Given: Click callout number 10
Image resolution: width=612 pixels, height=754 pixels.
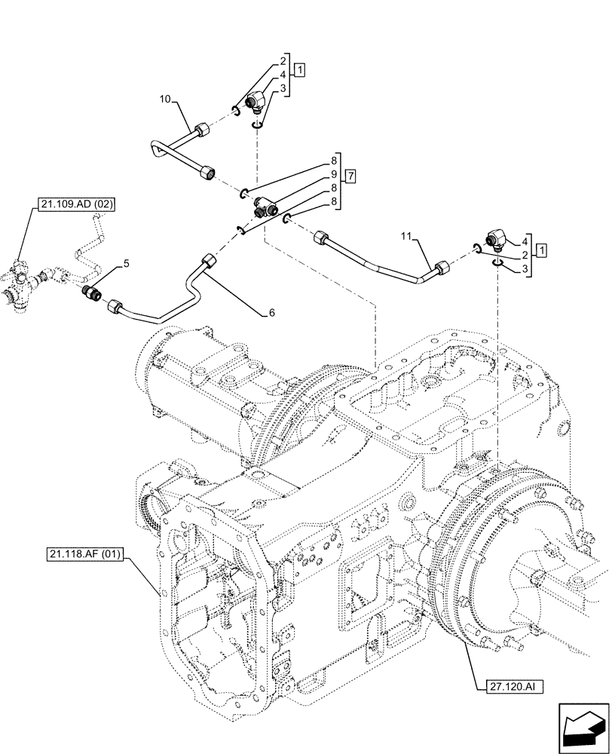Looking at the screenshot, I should pyautogui.click(x=166, y=99).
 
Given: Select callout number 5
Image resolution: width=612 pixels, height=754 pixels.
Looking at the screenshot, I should pyautogui.click(x=127, y=263).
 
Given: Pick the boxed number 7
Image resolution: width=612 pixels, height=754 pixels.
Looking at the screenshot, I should pyautogui.click(x=350, y=176).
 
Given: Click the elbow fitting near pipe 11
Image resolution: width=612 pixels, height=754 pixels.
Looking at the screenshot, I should pyautogui.click(x=496, y=241).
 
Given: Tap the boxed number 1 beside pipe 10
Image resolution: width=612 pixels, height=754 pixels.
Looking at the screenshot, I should pyautogui.click(x=301, y=72).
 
